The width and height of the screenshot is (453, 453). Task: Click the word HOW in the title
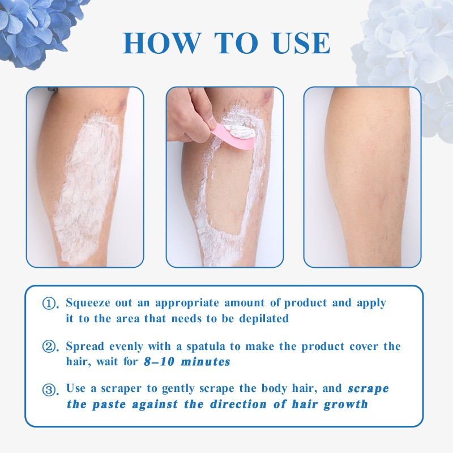(x=162, y=43)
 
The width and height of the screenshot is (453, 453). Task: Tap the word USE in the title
(x=301, y=43)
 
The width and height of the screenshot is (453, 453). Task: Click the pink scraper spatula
(x=233, y=136)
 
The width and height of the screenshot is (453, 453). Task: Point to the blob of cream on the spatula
(x=240, y=131)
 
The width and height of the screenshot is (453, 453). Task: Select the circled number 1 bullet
(x=49, y=304)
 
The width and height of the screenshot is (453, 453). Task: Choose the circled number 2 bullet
(x=49, y=346)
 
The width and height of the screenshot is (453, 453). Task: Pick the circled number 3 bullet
(x=49, y=390)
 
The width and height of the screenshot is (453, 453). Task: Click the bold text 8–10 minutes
(x=187, y=362)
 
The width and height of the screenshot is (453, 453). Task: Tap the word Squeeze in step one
(x=88, y=303)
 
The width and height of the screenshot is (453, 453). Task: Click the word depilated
(x=264, y=319)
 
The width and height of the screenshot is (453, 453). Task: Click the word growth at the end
(x=346, y=404)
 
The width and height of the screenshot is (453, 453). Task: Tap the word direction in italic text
(x=238, y=404)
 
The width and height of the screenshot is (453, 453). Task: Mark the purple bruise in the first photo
(x=122, y=104)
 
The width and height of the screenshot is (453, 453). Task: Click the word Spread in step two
(x=85, y=347)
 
